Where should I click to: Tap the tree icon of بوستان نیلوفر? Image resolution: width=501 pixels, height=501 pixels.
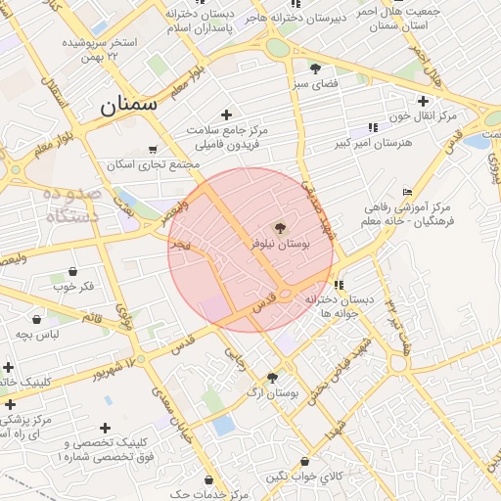(x=281, y=228)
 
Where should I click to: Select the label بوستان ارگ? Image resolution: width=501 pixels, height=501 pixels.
(x=272, y=392)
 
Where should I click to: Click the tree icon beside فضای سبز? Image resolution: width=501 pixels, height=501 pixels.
(x=315, y=68)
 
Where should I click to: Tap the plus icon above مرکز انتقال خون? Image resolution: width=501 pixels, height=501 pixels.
(x=423, y=100)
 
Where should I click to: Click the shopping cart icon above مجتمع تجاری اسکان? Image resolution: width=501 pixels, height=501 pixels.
(x=152, y=150)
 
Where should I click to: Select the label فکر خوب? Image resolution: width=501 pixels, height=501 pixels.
(x=74, y=287)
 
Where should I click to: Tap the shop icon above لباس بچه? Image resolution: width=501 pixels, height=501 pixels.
(x=37, y=319)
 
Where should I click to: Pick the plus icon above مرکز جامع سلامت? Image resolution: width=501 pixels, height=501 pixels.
(x=228, y=114)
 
